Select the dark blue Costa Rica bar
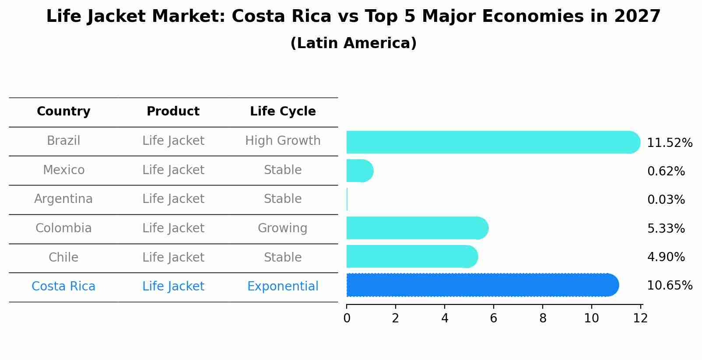click(481, 285)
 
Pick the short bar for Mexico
click(359, 171)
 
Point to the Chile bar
click(411, 256)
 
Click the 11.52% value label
click(669, 143)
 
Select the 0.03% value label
click(666, 200)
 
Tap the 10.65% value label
click(669, 286)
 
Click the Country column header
click(63, 112)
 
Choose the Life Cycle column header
click(283, 112)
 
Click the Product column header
click(173, 112)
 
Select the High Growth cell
click(283, 141)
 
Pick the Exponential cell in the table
click(283, 287)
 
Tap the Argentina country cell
click(63, 199)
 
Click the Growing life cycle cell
click(283, 228)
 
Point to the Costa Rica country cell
click(63, 287)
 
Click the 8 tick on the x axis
click(543, 318)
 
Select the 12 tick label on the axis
click(640, 318)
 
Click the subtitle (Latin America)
click(353, 43)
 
